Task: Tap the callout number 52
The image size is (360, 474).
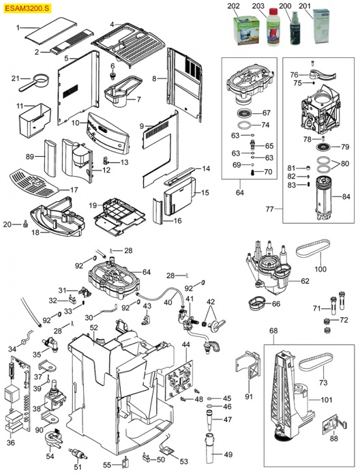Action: (94, 329)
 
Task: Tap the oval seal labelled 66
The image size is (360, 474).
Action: (258, 301)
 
